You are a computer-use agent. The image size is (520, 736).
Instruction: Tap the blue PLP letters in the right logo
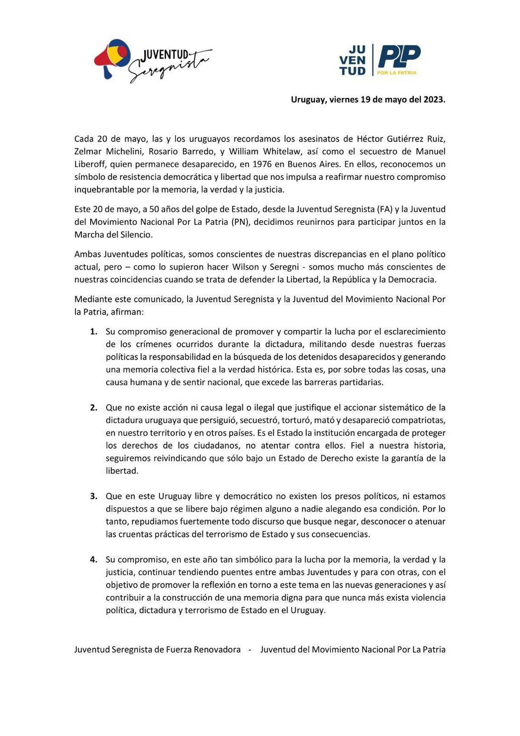pyautogui.click(x=399, y=56)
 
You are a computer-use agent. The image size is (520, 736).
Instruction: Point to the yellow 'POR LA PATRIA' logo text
pyautogui.click(x=396, y=72)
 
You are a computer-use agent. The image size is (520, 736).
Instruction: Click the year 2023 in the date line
pyautogui.click(x=434, y=99)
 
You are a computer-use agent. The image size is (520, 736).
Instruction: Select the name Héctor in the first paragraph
pyautogui.click(x=369, y=139)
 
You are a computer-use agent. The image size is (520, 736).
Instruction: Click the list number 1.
pyautogui.click(x=93, y=332)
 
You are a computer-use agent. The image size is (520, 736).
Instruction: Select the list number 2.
pyautogui.click(x=93, y=407)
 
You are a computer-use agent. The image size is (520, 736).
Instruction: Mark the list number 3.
pyautogui.click(x=93, y=496)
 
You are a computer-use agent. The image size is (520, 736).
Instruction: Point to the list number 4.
pyautogui.click(x=93, y=559)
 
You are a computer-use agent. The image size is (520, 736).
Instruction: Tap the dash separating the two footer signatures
pyautogui.click(x=250, y=649)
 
